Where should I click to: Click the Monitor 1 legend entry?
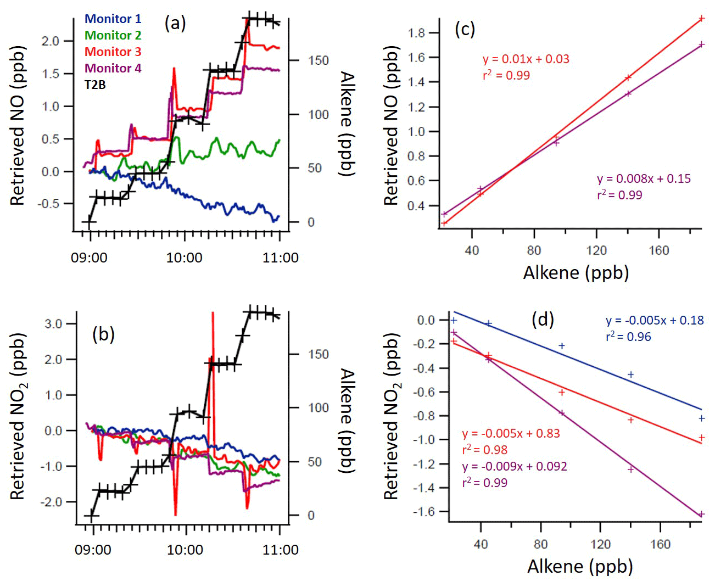click(113, 19)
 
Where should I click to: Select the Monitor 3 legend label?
click(113, 52)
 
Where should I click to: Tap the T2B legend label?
click(95, 85)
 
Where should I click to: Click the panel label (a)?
click(175, 23)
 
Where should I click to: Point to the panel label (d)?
click(543, 319)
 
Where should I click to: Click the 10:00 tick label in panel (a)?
click(185, 258)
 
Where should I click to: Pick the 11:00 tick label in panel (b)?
click(281, 550)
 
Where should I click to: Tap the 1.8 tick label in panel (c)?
click(417, 33)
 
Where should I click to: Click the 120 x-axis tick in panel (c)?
click(596, 251)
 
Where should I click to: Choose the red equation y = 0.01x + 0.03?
click(526, 59)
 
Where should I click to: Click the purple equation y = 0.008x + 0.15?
click(644, 178)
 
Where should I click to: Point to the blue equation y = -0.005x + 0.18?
click(655, 320)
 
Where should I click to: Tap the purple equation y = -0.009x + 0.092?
click(515, 466)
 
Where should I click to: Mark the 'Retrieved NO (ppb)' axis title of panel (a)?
click(18, 126)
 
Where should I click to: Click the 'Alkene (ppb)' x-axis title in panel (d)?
click(580, 566)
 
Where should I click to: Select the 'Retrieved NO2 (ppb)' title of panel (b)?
click(18, 416)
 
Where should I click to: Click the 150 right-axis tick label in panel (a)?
click(318, 60)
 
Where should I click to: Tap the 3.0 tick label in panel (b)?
click(53, 324)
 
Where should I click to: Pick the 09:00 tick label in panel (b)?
click(93, 550)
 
